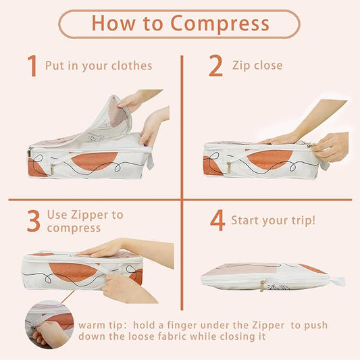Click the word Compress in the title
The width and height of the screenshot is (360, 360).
[x=220, y=24]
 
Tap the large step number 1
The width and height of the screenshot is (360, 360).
[x=32, y=66]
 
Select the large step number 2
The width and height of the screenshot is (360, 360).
[x=215, y=66]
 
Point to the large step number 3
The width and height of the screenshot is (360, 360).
[x=34, y=221]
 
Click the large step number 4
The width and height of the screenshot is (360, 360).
[x=217, y=220]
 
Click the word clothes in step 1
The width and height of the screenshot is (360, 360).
[x=132, y=66]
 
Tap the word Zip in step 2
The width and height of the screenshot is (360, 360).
[x=241, y=66]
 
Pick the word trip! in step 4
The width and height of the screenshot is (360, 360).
[x=303, y=220]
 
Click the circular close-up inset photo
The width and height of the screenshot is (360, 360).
[x=49, y=324]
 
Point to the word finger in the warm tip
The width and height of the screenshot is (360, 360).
[x=182, y=326]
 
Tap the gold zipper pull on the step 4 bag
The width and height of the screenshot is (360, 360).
[x=262, y=286]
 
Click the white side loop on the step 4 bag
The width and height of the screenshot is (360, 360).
[x=337, y=281]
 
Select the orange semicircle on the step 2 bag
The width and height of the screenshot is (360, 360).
[x=269, y=159]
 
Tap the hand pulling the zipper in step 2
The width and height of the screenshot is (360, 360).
[x=330, y=147]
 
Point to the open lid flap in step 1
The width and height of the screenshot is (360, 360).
[x=108, y=122]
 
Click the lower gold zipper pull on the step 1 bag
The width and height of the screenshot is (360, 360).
[x=53, y=170]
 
